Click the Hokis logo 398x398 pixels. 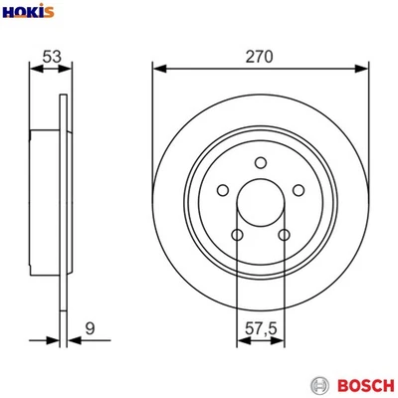click(28, 12)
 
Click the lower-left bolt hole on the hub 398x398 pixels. click(237, 235)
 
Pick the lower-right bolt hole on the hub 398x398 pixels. click(285, 235)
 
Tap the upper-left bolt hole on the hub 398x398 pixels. click(223, 191)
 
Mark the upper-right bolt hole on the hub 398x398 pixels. click(299, 191)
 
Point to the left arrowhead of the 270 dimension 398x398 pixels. click(157, 69)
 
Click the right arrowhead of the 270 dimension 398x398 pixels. click(364, 69)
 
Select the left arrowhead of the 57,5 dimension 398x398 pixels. click(240, 340)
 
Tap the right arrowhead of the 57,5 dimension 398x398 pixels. click(283, 340)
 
